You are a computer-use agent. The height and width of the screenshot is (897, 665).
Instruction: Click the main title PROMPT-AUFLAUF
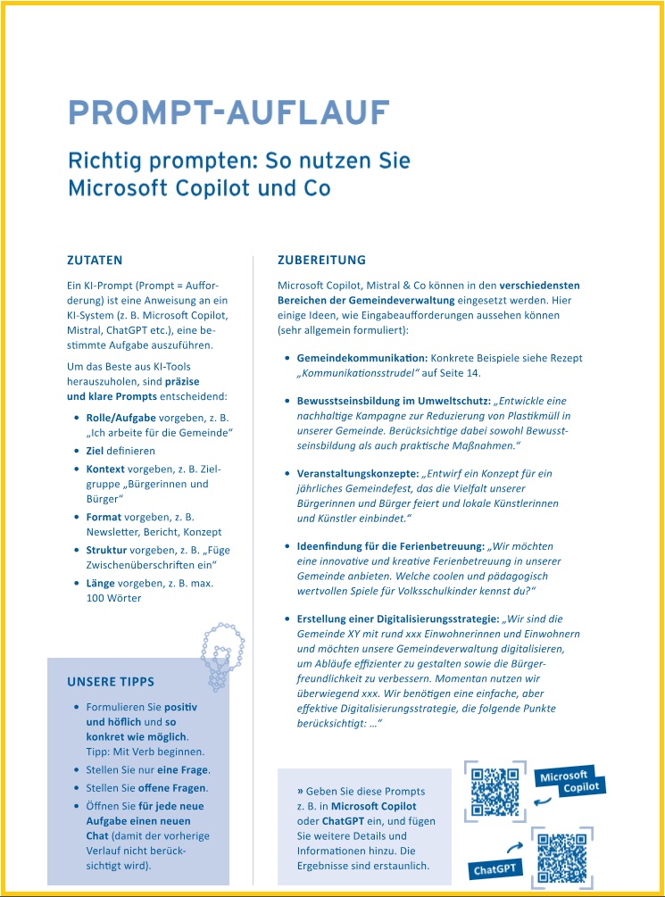(x=229, y=113)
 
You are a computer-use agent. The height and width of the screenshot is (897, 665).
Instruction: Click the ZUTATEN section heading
(x=95, y=261)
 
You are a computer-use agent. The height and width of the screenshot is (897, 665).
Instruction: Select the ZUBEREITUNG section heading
(x=321, y=261)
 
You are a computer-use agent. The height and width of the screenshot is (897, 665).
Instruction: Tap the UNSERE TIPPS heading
(x=110, y=682)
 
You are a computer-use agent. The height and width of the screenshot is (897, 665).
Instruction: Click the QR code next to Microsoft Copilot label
(x=495, y=792)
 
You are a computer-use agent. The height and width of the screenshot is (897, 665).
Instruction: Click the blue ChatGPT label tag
(x=494, y=868)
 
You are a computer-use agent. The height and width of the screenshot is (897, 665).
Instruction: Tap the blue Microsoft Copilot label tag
(x=570, y=783)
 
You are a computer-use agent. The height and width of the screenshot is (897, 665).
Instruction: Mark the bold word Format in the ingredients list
(x=104, y=517)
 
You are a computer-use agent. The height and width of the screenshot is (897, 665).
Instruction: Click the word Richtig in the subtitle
(x=106, y=162)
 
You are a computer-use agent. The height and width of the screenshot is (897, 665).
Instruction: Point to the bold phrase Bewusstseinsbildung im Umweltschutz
(x=393, y=401)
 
